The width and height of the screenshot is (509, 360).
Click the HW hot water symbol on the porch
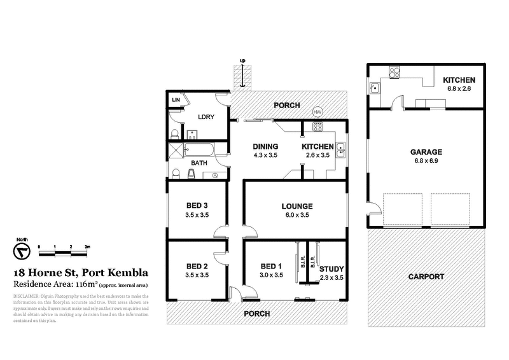pos(318,113)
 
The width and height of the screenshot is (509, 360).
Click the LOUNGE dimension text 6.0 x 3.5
pos(298,216)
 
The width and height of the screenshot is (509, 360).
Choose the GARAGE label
pos(426,153)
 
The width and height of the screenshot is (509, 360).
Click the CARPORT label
pos(426,277)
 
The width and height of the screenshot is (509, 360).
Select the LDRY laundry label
pos(205,117)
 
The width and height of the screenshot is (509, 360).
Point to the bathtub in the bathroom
pos(199,151)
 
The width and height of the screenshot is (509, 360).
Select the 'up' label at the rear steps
pos(242,60)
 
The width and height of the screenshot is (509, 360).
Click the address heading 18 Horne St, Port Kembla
pos(81,272)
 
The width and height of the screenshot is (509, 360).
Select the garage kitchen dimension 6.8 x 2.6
pos(459,89)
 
